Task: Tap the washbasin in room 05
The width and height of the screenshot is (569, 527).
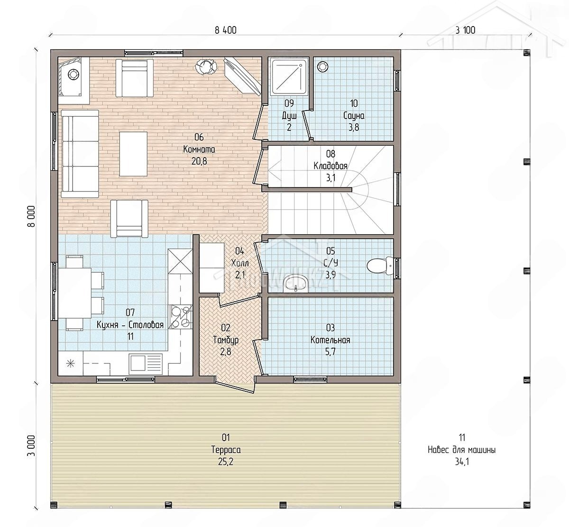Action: coord(295,283)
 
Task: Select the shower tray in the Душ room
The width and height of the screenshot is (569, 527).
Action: coord(289,76)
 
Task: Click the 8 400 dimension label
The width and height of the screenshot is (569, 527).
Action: coord(226,30)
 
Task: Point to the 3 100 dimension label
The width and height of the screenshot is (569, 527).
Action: coord(465,30)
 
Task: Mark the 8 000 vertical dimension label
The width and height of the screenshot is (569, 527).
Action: coord(31,216)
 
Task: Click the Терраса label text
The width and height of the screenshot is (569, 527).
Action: coord(226,450)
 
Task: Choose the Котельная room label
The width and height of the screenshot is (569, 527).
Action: coord(330,340)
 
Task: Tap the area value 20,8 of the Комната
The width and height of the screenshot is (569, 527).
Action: coord(199,161)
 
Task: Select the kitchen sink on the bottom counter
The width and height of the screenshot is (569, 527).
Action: coord(146,363)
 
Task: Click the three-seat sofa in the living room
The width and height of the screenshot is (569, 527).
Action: coord(80,154)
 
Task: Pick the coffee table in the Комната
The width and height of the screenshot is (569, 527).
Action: coord(133,154)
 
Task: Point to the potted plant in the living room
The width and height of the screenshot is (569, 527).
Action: coord(206,67)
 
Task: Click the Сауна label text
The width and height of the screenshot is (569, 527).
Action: coord(354,116)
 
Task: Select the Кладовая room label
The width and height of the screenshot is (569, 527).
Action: coord(330,166)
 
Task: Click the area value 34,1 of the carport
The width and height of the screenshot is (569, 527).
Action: coord(462,462)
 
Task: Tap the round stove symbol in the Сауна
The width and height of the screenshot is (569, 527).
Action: coord(322,66)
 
